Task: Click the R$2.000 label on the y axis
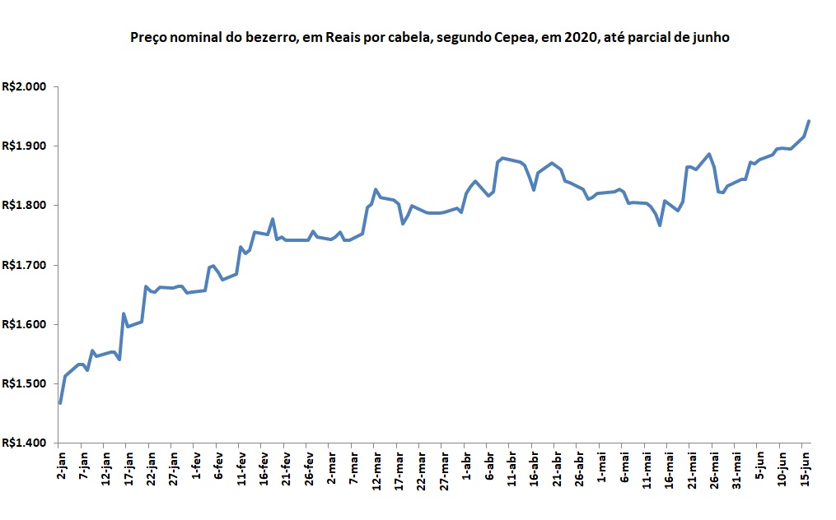(x=26, y=86)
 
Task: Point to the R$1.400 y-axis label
(x=26, y=443)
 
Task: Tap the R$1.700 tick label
(x=26, y=265)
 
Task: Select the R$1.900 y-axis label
(x=26, y=146)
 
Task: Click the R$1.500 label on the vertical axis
(x=26, y=383)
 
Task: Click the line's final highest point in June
(x=809, y=121)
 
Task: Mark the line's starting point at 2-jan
(x=60, y=402)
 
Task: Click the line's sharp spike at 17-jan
(x=124, y=313)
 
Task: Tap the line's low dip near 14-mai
(x=660, y=225)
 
